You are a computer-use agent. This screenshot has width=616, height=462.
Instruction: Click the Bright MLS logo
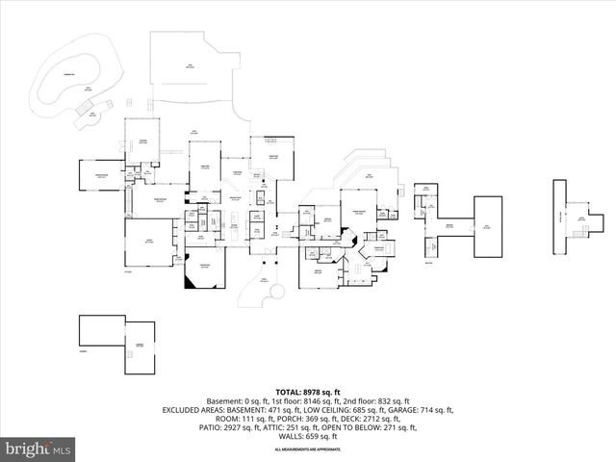point(38,449)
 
